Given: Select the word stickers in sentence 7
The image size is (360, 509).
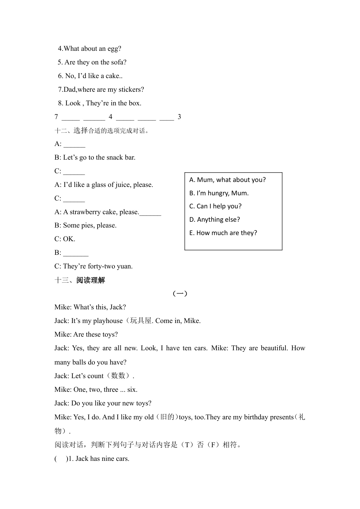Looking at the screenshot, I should tap(130, 90).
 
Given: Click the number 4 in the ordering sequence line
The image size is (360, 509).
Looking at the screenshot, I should tap(111, 117).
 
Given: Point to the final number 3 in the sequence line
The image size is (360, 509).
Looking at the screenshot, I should tap(179, 117).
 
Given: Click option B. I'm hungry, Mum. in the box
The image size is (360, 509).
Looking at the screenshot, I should tap(219, 193).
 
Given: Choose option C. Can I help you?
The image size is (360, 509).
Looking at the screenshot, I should tap(215, 206).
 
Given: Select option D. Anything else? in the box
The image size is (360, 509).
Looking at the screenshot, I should tap(214, 220).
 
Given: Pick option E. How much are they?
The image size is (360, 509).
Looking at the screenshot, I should tap(223, 233).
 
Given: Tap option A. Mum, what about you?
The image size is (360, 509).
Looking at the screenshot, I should tap(227, 180).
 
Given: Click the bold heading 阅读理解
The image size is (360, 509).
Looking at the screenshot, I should tap(91, 280).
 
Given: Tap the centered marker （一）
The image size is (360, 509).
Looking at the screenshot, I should tap(180, 294).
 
